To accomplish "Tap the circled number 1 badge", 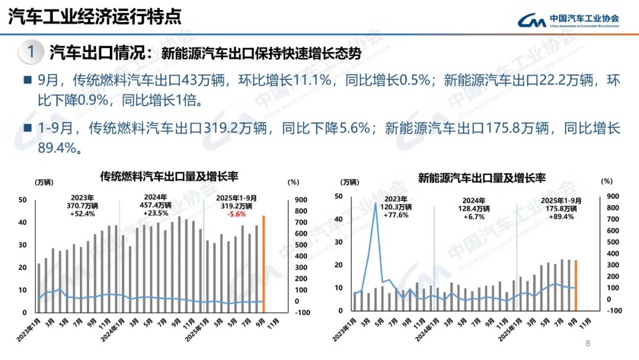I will coord(31,52).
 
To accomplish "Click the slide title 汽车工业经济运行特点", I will coord(94,17).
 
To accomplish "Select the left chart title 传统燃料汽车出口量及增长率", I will coord(169,176).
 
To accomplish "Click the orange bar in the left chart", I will coord(263,263).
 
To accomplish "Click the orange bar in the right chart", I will coord(575,285).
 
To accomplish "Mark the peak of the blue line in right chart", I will coord(375,204).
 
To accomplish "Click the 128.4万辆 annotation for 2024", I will coord(474,209).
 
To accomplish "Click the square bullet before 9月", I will coord(27,80).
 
